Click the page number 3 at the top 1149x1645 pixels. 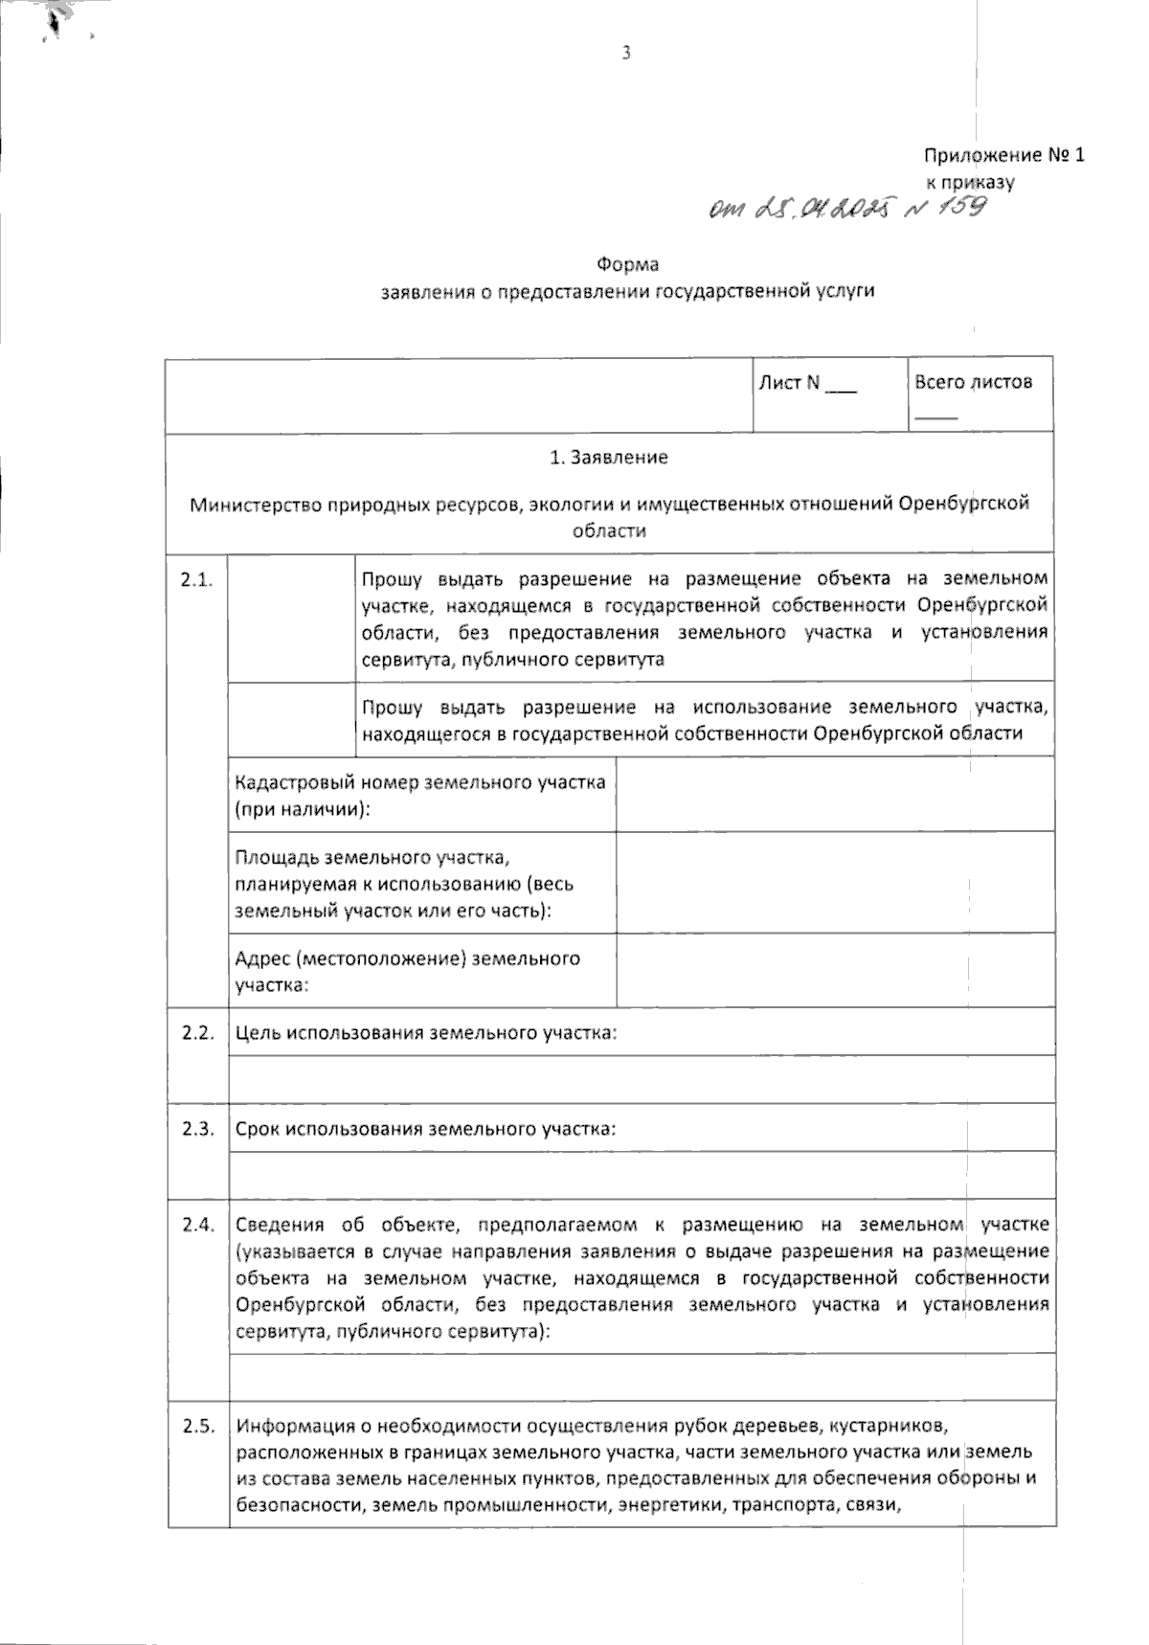click(x=626, y=54)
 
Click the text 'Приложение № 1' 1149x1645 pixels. click(x=1003, y=155)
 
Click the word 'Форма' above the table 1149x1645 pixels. click(x=628, y=264)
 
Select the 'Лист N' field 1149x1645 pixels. click(x=807, y=383)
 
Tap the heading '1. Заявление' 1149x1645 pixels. click(x=609, y=458)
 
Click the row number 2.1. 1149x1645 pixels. click(x=195, y=580)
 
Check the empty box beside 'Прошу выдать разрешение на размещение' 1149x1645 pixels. click(x=291, y=619)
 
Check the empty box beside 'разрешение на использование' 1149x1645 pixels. click(x=291, y=720)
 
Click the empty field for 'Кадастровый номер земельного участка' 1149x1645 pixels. click(x=834, y=795)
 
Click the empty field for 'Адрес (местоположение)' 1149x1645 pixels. click(x=834, y=970)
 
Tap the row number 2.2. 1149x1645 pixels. click(x=196, y=1033)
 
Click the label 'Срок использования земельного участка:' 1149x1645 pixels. click(x=426, y=1129)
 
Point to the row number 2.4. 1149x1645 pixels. click(x=196, y=1225)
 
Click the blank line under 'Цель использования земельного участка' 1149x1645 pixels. click(x=642, y=1079)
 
